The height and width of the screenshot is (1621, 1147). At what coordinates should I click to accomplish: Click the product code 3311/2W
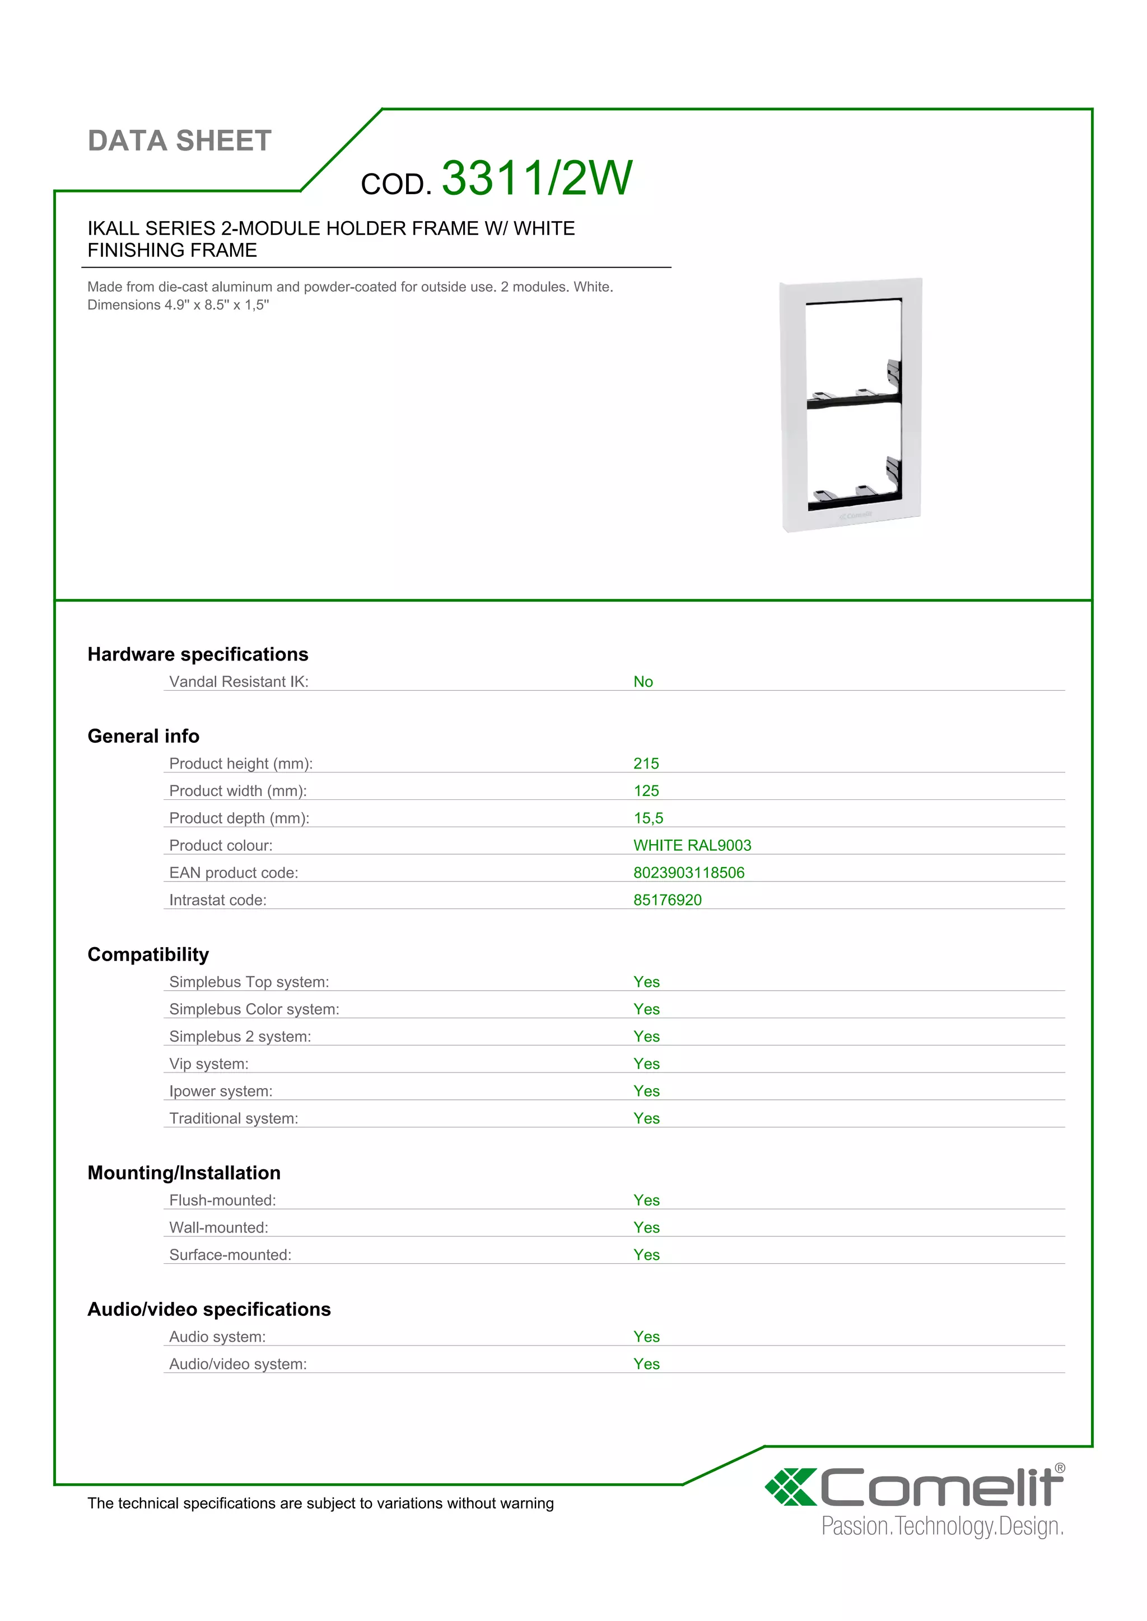[x=536, y=178]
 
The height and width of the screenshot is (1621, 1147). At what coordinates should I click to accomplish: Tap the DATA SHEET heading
[x=179, y=141]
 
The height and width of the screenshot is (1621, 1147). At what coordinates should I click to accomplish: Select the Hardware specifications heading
[x=198, y=654]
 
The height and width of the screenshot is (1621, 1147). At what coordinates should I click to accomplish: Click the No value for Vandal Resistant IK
[x=643, y=682]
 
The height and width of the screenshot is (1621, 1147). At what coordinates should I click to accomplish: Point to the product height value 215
[x=646, y=764]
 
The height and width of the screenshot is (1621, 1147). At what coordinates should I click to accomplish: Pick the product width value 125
[x=646, y=791]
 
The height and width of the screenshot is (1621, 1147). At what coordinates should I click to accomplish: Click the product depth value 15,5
[x=647, y=818]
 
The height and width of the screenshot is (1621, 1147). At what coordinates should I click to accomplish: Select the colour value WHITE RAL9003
[x=692, y=846]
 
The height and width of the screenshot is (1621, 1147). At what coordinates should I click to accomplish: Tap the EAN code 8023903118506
[x=689, y=873]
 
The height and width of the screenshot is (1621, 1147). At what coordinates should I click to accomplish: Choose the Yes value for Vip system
[x=646, y=1064]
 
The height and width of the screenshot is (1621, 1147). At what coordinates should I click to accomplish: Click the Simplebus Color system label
[x=254, y=1010]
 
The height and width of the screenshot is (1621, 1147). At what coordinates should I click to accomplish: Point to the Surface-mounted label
[x=230, y=1255]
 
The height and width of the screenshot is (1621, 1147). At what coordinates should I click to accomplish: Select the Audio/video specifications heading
[x=209, y=1310]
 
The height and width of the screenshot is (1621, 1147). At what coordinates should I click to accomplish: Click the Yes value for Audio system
[x=646, y=1337]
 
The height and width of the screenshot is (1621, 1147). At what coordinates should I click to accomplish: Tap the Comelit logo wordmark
[x=941, y=1488]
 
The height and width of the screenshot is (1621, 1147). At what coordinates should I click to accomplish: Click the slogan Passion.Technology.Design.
[x=942, y=1526]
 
